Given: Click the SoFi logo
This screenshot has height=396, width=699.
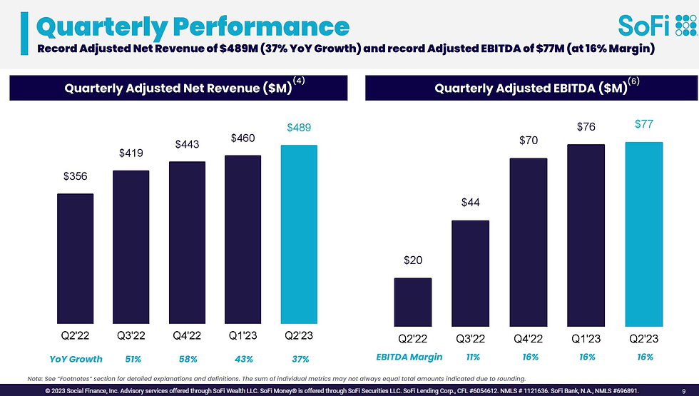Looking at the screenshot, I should point(656,26).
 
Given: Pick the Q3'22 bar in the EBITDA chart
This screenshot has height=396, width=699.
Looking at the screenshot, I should point(470,272).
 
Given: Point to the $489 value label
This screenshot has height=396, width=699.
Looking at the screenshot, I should point(299,128).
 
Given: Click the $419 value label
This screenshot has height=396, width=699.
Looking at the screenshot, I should point(131,153).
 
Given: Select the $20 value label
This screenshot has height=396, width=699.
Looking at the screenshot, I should point(412,260).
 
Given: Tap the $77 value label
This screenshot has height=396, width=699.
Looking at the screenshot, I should point(644,125).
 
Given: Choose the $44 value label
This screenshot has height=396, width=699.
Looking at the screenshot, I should point(470,203).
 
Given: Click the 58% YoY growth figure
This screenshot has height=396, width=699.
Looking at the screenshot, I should point(188,359).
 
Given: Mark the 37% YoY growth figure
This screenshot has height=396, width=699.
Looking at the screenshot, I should point(300,359).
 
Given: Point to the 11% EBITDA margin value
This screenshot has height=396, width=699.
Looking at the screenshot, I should point(471,357).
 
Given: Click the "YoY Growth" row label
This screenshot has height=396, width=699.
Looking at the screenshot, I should point(76,359).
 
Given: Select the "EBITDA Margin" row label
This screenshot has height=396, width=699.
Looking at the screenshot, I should point(409,357).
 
